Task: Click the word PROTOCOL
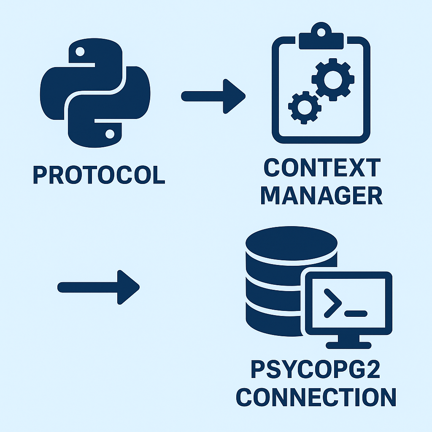99,175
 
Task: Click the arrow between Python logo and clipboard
213,96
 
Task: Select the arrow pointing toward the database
98,287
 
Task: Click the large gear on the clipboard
333,80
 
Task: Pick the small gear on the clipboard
303,107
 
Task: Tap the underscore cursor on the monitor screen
356,313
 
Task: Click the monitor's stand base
348,346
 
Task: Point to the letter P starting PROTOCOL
40,175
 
